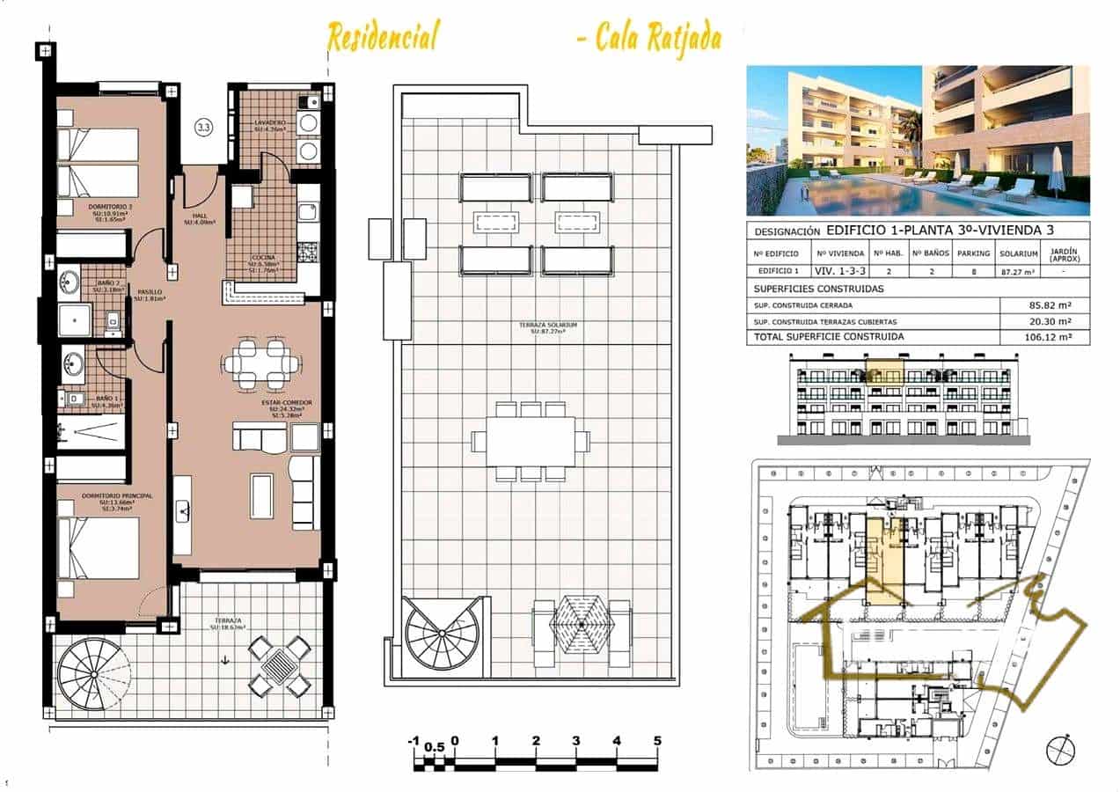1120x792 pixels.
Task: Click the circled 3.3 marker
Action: click(x=203, y=128)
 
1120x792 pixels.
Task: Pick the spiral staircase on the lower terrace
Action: click(x=93, y=674)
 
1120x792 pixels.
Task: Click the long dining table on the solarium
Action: click(x=531, y=441)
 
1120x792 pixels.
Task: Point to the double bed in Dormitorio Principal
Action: click(x=99, y=546)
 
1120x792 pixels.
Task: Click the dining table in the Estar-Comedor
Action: click(x=262, y=363)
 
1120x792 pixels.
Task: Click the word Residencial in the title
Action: click(x=383, y=38)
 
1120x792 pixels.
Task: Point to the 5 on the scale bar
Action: click(x=657, y=741)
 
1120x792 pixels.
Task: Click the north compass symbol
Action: click(x=1060, y=750)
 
